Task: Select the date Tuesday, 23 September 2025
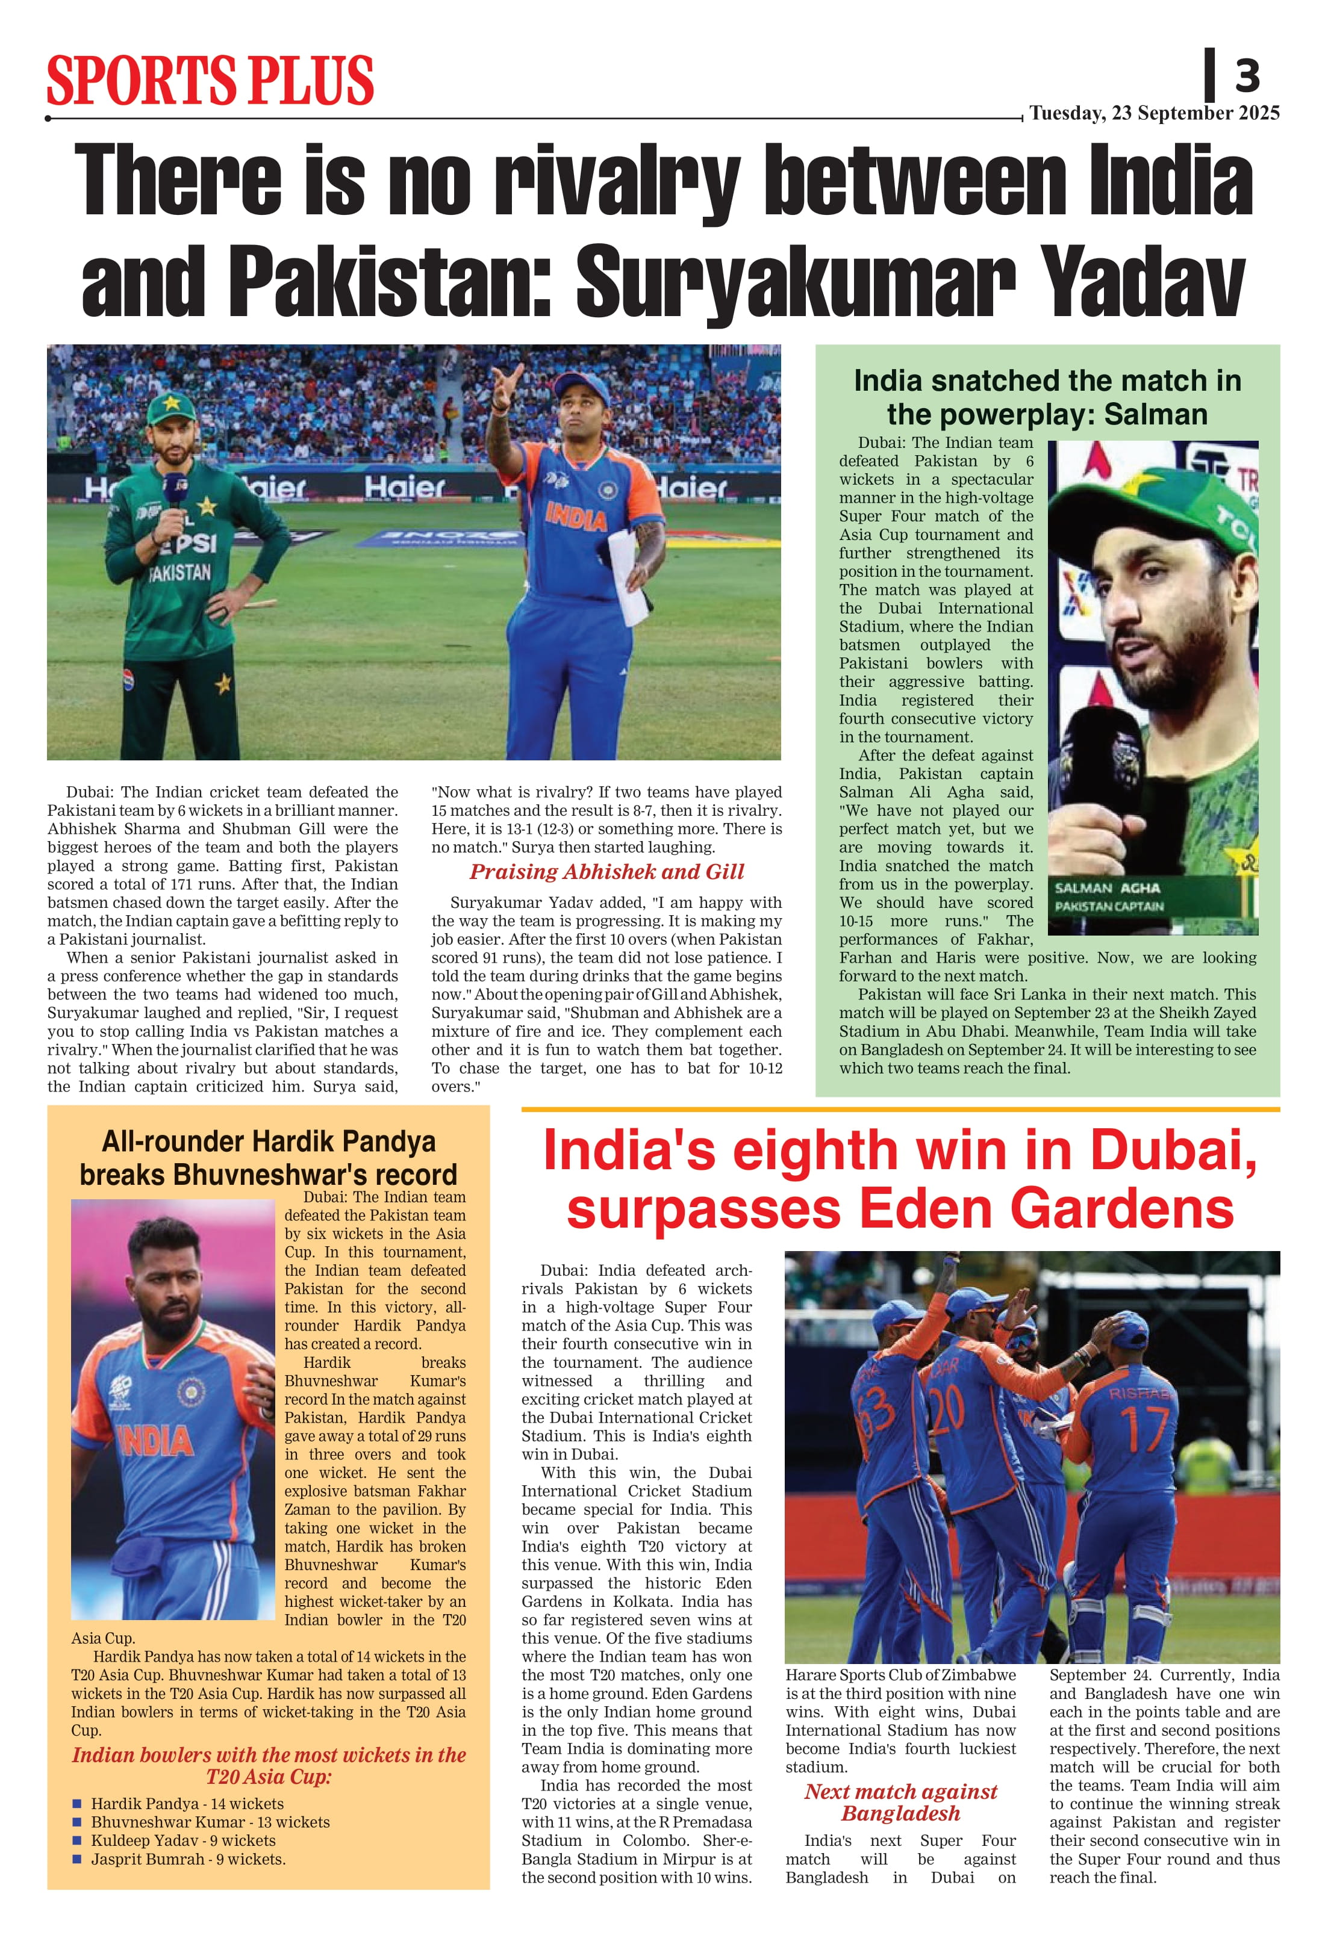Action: click(1154, 113)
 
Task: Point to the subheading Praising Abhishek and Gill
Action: click(606, 872)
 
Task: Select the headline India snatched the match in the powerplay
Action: click(1047, 397)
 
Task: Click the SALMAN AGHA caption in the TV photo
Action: click(1107, 889)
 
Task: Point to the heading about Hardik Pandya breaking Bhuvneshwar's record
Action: click(269, 1158)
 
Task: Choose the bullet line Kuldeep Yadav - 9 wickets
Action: click(183, 1840)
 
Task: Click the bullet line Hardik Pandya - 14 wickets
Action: click(187, 1804)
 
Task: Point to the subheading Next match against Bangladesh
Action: click(900, 1803)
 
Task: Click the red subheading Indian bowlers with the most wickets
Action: click(269, 1766)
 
